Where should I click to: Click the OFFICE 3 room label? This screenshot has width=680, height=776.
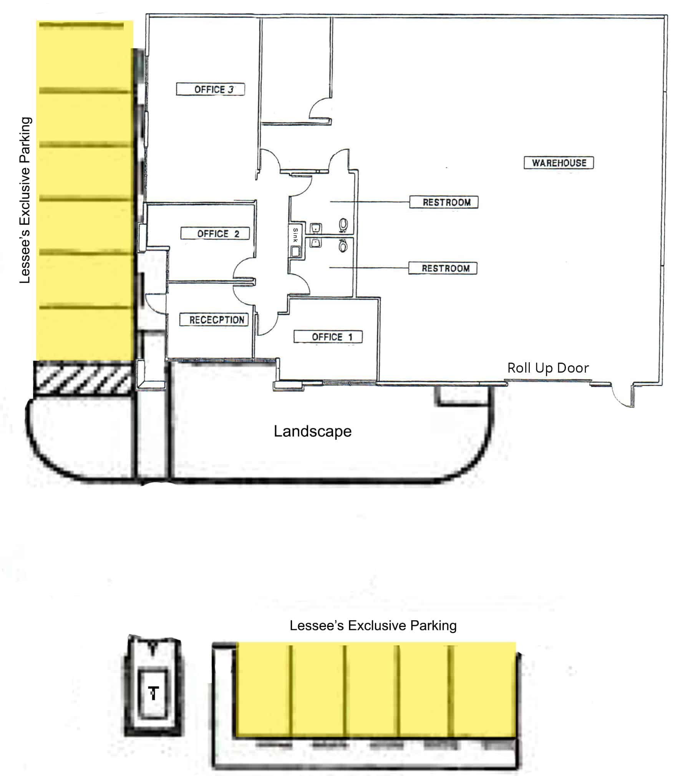click(210, 89)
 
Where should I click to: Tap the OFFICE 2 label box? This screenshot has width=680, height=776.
click(215, 233)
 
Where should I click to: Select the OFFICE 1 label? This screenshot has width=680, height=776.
click(328, 337)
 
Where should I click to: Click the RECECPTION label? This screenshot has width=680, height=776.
click(214, 319)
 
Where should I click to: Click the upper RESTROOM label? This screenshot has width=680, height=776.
click(443, 202)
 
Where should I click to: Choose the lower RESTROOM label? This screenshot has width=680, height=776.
click(442, 268)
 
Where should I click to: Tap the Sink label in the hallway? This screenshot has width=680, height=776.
click(295, 235)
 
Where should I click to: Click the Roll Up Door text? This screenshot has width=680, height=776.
click(547, 368)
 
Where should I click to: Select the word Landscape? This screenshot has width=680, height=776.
click(312, 431)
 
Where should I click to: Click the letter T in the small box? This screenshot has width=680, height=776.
click(154, 693)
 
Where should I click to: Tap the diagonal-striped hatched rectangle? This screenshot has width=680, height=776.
click(83, 379)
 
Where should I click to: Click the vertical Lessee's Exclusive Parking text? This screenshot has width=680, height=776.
click(25, 200)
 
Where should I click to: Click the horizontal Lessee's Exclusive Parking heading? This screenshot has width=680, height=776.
click(373, 625)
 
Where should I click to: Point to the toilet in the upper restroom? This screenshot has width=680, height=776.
click(343, 224)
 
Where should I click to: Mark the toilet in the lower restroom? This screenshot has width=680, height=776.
click(343, 245)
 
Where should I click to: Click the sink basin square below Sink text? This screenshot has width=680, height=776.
click(295, 252)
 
